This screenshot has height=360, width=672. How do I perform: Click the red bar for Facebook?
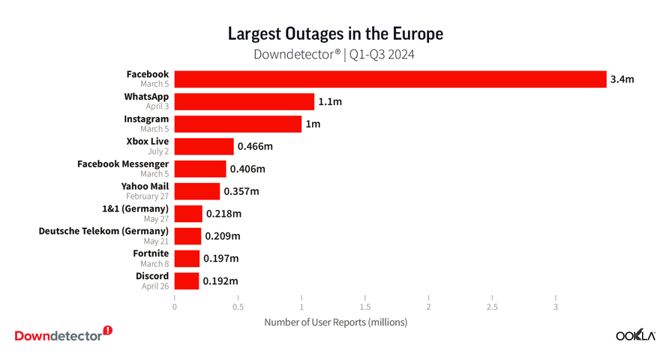point(390,79)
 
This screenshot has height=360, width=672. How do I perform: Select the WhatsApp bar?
point(244,101)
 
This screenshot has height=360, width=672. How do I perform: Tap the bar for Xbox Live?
point(204,146)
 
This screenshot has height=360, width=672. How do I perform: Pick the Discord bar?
point(187,281)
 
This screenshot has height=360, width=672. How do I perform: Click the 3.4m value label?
point(622,79)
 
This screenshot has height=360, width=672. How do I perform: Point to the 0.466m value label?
point(255,146)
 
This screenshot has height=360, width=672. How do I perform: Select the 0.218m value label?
point(224,214)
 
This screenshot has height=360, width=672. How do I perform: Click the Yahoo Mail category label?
point(145,187)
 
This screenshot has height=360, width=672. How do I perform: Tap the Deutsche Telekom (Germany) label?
point(103,232)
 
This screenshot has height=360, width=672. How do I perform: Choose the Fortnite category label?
point(151,253)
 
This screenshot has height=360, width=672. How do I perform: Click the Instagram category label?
point(146,119)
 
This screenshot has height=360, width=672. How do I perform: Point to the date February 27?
point(147,196)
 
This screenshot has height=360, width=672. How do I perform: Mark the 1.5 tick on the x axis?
point(365,307)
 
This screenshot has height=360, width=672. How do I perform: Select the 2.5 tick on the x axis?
point(492,307)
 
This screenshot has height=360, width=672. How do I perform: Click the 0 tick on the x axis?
point(175,307)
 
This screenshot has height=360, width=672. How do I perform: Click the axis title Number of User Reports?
point(335,322)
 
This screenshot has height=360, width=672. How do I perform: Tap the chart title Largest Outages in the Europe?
point(335,34)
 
